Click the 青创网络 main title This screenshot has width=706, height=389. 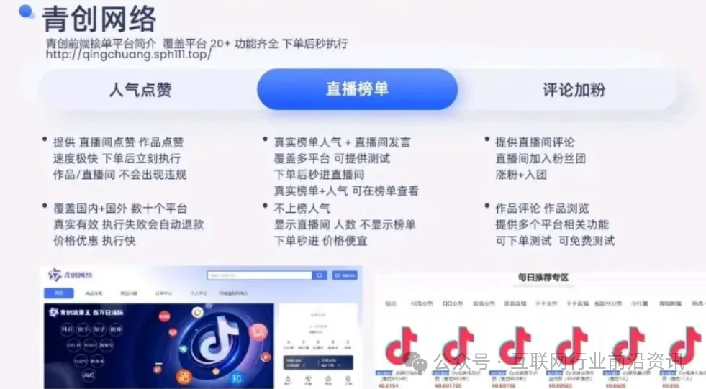(x=99, y=19)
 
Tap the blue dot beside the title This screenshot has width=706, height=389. (x=26, y=11)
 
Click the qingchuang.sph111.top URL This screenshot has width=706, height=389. (x=129, y=55)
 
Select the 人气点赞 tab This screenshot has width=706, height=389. (x=140, y=90)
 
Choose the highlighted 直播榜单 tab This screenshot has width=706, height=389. (x=357, y=89)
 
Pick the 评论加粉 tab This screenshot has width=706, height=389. (x=574, y=90)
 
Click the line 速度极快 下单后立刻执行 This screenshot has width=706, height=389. (x=117, y=158)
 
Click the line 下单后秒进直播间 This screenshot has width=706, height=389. (x=319, y=175)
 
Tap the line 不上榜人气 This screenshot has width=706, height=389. (x=302, y=209)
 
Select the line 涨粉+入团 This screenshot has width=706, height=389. (x=521, y=175)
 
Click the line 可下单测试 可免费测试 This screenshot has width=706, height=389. (x=555, y=241)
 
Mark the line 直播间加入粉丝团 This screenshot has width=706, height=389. (x=540, y=158)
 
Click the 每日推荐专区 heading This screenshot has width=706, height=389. (x=543, y=278)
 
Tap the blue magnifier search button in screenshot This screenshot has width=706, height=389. (x=319, y=275)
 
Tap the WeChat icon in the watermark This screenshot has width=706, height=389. (x=417, y=361)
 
